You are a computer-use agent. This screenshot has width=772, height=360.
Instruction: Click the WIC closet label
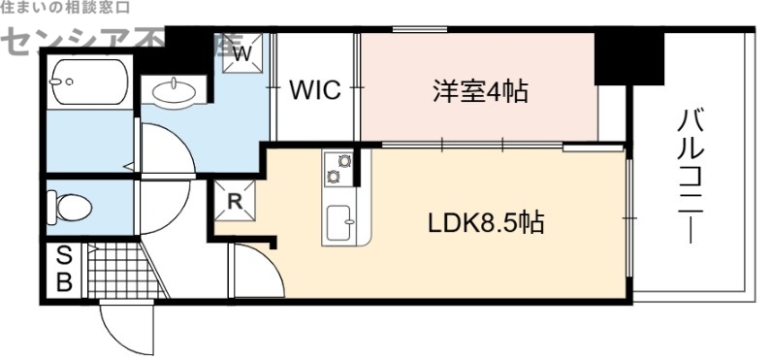point(315,91)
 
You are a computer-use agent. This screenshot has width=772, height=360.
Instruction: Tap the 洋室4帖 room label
point(480,92)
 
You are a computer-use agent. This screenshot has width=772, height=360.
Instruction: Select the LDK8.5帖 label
point(486,223)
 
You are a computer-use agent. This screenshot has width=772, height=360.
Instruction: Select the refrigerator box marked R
point(234,202)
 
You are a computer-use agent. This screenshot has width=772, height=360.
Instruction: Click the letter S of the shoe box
point(64,257)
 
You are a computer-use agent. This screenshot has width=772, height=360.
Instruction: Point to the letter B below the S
point(64,282)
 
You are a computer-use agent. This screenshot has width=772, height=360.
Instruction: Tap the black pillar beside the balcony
point(627,56)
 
